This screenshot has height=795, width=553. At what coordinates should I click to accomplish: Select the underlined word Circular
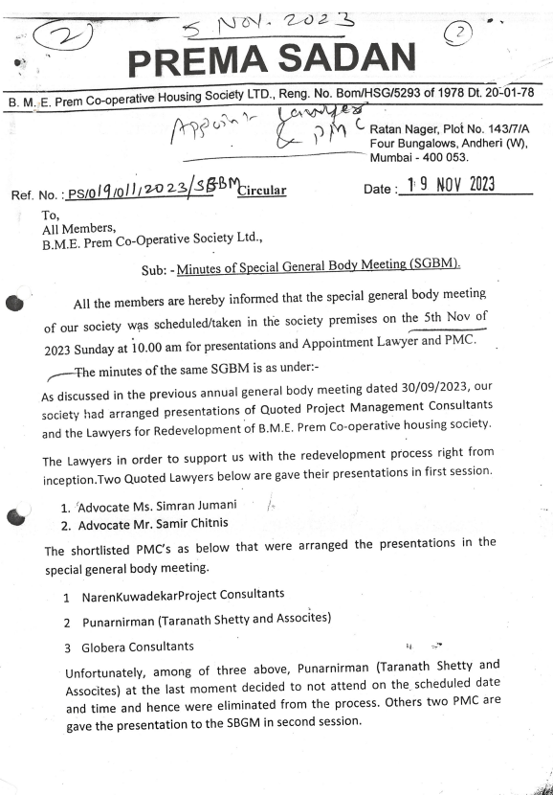coord(261,190)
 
